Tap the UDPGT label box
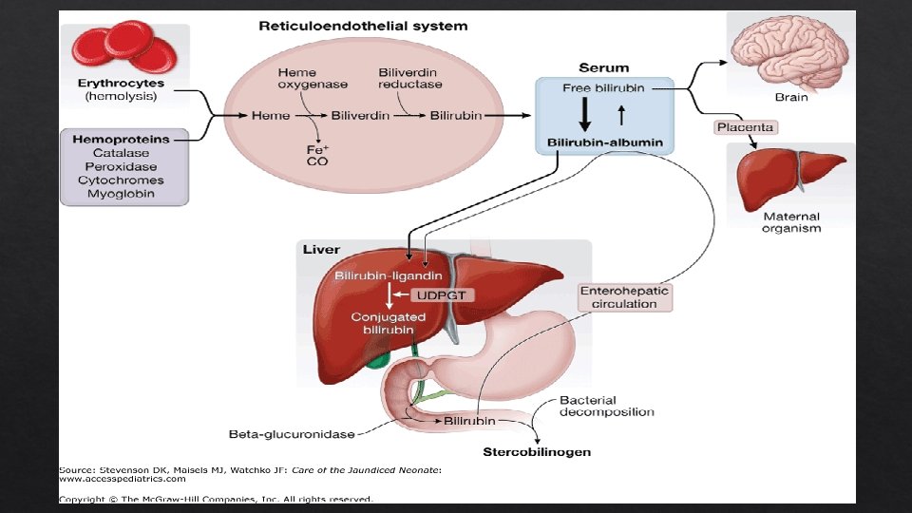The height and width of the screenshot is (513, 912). [442, 295]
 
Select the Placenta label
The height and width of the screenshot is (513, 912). [745, 127]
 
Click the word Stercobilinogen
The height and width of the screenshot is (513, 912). [537, 452]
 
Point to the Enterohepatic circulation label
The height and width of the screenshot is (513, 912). [625, 297]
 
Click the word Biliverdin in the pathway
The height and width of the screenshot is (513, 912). [360, 116]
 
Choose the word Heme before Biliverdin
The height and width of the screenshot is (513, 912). [271, 116]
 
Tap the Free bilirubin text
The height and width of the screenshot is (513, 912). [603, 88]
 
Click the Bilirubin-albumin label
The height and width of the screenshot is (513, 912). [605, 142]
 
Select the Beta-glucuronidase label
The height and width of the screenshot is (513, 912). [292, 434]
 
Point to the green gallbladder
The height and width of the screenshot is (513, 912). [379, 360]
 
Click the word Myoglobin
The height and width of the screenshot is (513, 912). [121, 194]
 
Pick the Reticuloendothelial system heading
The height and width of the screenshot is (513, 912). [363, 27]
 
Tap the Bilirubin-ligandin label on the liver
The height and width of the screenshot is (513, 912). [388, 275]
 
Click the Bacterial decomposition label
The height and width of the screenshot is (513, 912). [607, 406]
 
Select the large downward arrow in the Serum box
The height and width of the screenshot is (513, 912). [585, 114]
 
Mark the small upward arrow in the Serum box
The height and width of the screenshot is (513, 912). [621, 115]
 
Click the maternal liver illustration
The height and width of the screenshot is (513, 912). [788, 178]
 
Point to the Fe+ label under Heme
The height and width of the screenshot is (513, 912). [317, 150]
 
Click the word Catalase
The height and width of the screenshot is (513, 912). [121, 153]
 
